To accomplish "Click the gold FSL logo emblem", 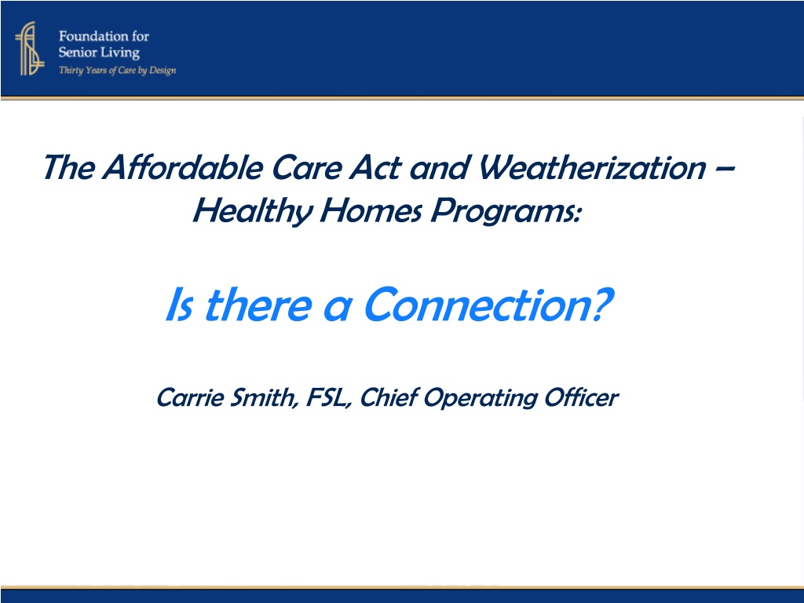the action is tap(30, 49).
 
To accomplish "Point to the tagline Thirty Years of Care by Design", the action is tap(118, 70).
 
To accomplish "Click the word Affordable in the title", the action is tap(182, 167).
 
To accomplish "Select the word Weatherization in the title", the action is tap(592, 167).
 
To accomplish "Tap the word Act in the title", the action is tap(375, 167).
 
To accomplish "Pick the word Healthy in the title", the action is tap(252, 211).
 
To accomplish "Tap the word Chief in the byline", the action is tap(389, 397).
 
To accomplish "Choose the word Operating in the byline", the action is tap(480, 398).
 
